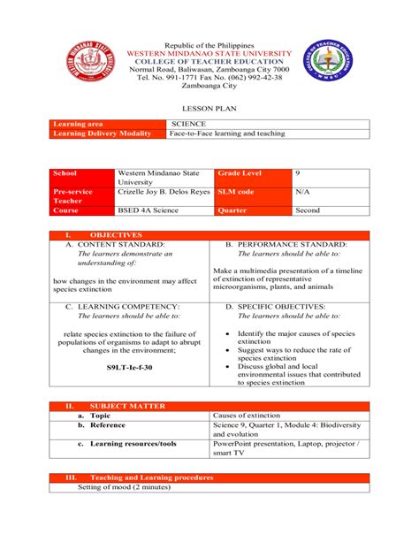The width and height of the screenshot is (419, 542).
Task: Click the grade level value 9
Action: pos(297,174)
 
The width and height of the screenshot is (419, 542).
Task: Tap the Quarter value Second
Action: pos(308,211)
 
